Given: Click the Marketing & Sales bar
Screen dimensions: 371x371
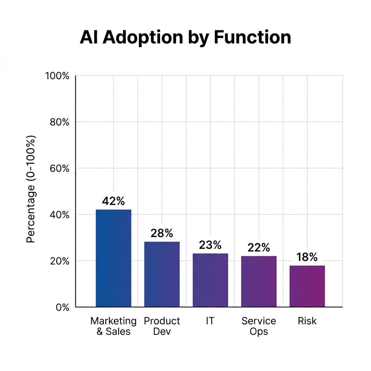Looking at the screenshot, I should coord(113,258).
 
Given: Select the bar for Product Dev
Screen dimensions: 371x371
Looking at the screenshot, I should coord(162,274).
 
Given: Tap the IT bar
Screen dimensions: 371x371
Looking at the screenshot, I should coord(210,280).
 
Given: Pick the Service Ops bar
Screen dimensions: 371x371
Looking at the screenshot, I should coord(259,281).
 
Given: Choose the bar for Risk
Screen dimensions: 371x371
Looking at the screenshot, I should coord(307,286).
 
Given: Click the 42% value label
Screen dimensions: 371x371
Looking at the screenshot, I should coord(113,201).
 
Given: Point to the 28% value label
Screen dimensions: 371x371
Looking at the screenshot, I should coord(162,233).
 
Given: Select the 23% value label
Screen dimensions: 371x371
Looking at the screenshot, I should coord(210,245).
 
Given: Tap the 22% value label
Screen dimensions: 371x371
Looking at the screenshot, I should coord(259,247).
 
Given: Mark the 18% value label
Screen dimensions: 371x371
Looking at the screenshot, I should coord(307,257).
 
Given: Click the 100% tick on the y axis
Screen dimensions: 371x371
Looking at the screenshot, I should coord(57,76).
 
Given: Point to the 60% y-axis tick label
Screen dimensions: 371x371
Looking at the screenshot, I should coord(59,168).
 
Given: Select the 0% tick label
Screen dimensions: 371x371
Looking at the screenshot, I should coord(62,307).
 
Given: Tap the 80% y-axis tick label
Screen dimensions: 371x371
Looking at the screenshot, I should coord(59,122).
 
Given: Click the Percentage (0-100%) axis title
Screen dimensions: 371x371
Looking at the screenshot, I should coord(31,189).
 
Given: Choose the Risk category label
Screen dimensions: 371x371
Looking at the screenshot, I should coord(307,321).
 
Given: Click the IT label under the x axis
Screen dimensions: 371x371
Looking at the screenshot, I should coord(210,321).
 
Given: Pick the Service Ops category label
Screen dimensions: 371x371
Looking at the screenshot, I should coord(259,326).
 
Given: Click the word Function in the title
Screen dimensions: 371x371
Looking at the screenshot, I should coord(253,37).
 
